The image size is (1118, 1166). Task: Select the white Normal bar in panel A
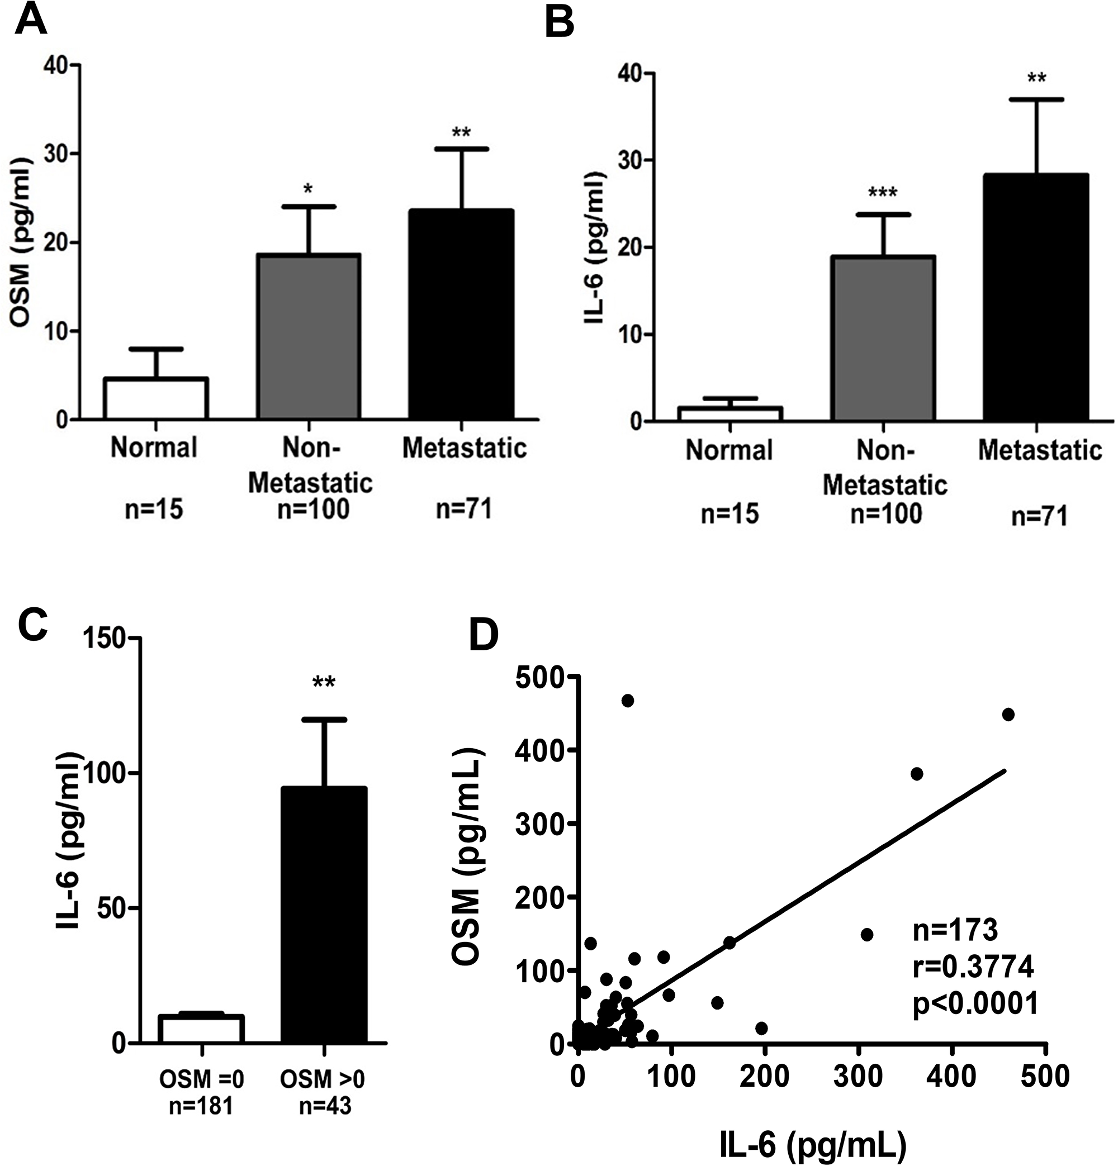(155, 398)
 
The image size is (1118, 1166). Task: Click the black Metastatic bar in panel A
(461, 315)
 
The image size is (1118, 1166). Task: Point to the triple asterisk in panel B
(883, 193)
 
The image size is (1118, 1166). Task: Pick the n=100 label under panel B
(885, 513)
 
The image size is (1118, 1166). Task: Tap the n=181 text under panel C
(202, 1105)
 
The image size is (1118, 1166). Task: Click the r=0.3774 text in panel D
(973, 968)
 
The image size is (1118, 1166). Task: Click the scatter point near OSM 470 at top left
(627, 701)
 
